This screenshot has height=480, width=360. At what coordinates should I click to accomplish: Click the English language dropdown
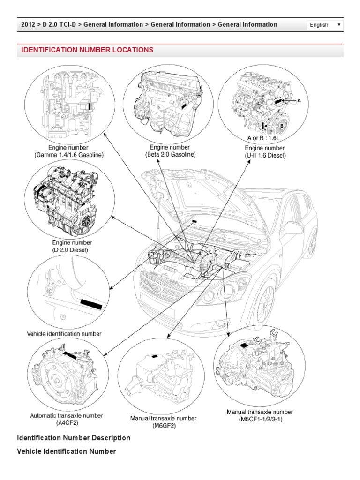(x=325, y=25)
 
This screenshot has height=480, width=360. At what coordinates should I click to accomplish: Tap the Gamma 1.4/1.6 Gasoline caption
(x=69, y=151)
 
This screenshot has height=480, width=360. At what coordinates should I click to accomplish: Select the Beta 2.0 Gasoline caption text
(x=170, y=151)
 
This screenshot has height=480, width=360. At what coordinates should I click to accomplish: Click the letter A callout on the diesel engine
(x=300, y=100)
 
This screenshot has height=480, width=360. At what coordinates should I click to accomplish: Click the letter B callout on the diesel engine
(x=282, y=126)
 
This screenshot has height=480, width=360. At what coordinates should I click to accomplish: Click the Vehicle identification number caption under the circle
(x=64, y=334)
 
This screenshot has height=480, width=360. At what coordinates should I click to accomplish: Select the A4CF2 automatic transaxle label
(x=67, y=419)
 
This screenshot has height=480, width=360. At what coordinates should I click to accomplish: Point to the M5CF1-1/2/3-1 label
(x=260, y=415)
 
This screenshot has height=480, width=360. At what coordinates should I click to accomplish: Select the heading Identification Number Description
(x=74, y=438)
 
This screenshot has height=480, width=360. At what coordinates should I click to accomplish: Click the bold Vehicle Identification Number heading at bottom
(x=66, y=451)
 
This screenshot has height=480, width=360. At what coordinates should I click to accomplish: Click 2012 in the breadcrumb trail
(x=28, y=24)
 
